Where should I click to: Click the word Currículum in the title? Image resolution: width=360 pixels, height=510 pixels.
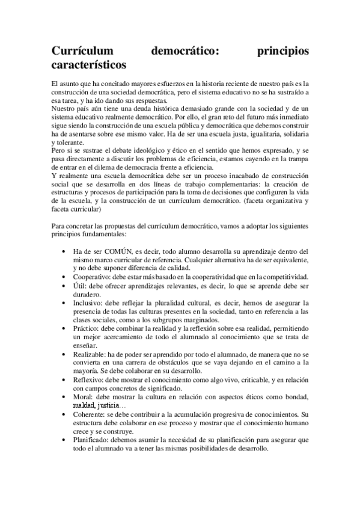[x=82, y=51]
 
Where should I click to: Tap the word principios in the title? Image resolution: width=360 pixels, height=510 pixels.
[x=282, y=51]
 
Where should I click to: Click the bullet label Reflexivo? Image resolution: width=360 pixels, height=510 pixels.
[x=90, y=381]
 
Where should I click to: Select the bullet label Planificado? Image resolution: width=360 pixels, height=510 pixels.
[x=93, y=440]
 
